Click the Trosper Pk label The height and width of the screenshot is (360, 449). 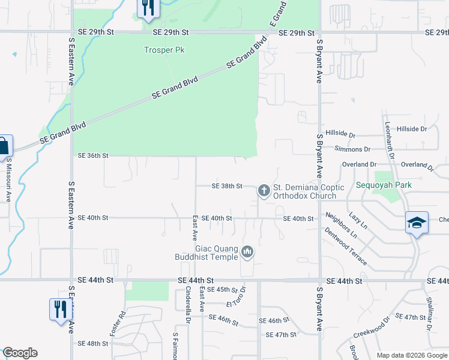pyautogui.click(x=160, y=50)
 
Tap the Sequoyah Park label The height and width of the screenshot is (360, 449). pyautogui.click(x=384, y=185)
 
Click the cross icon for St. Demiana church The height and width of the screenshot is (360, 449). pyautogui.click(x=263, y=191)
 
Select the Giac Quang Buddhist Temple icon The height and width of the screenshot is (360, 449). pyautogui.click(x=247, y=252)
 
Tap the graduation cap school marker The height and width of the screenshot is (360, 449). pyautogui.click(x=417, y=223)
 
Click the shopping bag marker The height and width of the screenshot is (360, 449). pyautogui.click(x=3, y=146)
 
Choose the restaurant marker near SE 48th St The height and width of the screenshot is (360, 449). pyautogui.click(x=60, y=309)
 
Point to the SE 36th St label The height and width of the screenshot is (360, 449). pyautogui.click(x=93, y=155)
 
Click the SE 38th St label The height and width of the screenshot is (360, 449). pyautogui.click(x=227, y=187)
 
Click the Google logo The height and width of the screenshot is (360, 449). pyautogui.click(x=20, y=353)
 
